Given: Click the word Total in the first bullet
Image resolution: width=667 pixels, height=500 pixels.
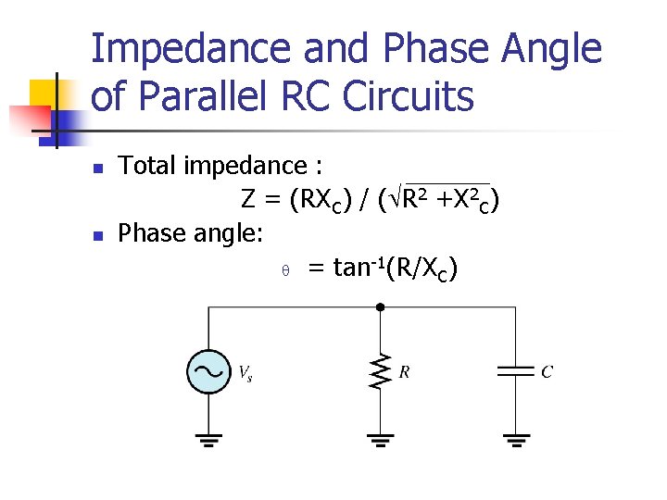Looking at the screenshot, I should click(x=147, y=166).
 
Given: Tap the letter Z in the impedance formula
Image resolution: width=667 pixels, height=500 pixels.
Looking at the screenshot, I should click(x=248, y=199).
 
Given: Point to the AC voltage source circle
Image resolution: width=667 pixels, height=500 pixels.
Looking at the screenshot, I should click(x=208, y=372).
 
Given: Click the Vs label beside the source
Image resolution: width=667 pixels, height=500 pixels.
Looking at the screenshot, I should click(x=245, y=373).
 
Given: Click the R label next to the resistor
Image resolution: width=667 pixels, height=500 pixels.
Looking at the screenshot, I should click(x=404, y=372).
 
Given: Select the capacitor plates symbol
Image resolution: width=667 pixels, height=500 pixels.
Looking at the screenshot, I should click(x=514, y=372).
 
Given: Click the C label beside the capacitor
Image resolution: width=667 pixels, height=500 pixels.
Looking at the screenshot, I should click(x=547, y=372).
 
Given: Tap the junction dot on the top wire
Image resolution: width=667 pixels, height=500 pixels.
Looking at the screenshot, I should click(x=379, y=306).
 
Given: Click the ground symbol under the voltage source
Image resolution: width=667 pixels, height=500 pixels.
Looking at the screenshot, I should click(x=208, y=439).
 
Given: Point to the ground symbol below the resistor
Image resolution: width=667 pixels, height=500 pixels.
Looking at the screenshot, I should click(x=379, y=439).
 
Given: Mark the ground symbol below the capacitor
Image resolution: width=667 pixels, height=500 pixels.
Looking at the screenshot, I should click(x=514, y=439).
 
